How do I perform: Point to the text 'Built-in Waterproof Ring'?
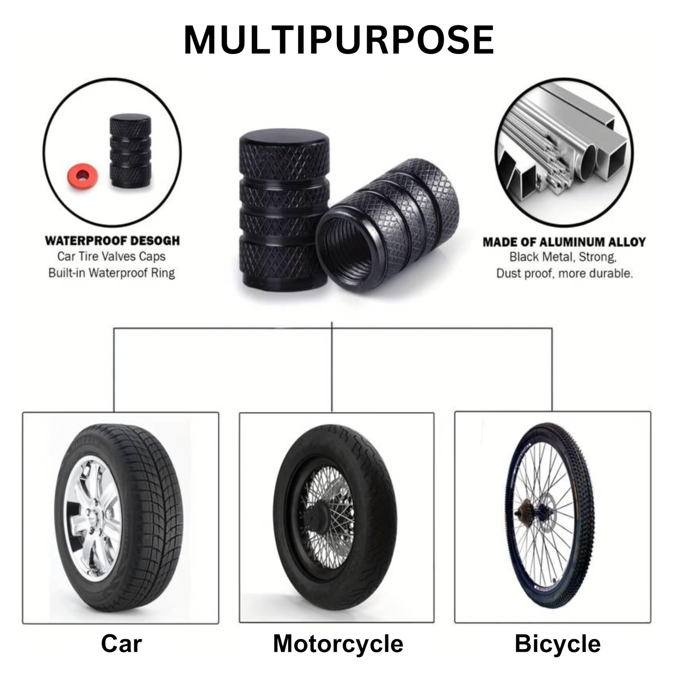111,273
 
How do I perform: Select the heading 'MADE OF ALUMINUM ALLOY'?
564,242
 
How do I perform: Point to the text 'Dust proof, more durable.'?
564,273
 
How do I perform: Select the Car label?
121,644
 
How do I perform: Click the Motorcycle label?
338,644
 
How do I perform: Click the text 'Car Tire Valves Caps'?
111,257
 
